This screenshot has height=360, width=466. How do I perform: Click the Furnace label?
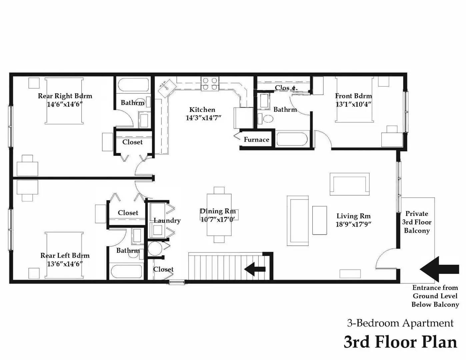click(x=256, y=140)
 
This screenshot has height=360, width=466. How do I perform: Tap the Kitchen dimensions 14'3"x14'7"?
click(x=203, y=118)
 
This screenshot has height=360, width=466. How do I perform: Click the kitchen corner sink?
click(x=165, y=87)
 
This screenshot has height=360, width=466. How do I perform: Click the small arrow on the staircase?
click(x=255, y=269)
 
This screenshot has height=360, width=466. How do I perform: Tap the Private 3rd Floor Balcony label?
click(x=417, y=222)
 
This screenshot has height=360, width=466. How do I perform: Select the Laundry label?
click(x=167, y=220)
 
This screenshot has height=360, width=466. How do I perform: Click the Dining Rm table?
click(x=219, y=215)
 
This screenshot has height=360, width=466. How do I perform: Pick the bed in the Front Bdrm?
click(x=355, y=100)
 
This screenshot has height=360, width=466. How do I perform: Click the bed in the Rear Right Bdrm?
click(x=64, y=101)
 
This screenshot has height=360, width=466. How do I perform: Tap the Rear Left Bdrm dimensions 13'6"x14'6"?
click(x=65, y=264)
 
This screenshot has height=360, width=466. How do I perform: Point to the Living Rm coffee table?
click(x=319, y=220)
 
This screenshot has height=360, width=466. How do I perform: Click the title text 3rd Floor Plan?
click(x=400, y=342)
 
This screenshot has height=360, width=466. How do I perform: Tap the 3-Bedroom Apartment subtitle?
click(x=400, y=323)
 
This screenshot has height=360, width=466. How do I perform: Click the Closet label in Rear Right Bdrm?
click(x=132, y=142)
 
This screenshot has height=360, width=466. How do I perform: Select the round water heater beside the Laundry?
click(x=155, y=249)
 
